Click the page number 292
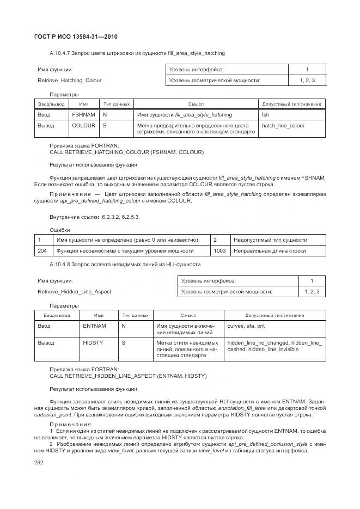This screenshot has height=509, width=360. point(39,463)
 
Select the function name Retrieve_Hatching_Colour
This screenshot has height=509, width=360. point(69,81)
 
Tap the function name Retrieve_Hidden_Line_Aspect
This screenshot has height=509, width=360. point(74,292)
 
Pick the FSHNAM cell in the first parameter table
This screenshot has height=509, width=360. point(84,115)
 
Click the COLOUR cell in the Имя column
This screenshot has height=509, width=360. point(84,126)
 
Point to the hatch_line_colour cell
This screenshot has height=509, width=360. point(283,126)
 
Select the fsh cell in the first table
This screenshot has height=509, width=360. point(266,115)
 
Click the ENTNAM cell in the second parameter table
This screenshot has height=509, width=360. point(95,326)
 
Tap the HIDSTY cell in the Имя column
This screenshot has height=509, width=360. point(93,343)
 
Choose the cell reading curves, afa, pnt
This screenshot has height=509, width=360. point(245,326)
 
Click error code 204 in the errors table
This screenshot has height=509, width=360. point(42,251)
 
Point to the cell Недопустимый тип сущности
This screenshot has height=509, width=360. point(270,240)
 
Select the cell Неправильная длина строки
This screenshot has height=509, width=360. point(270,251)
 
